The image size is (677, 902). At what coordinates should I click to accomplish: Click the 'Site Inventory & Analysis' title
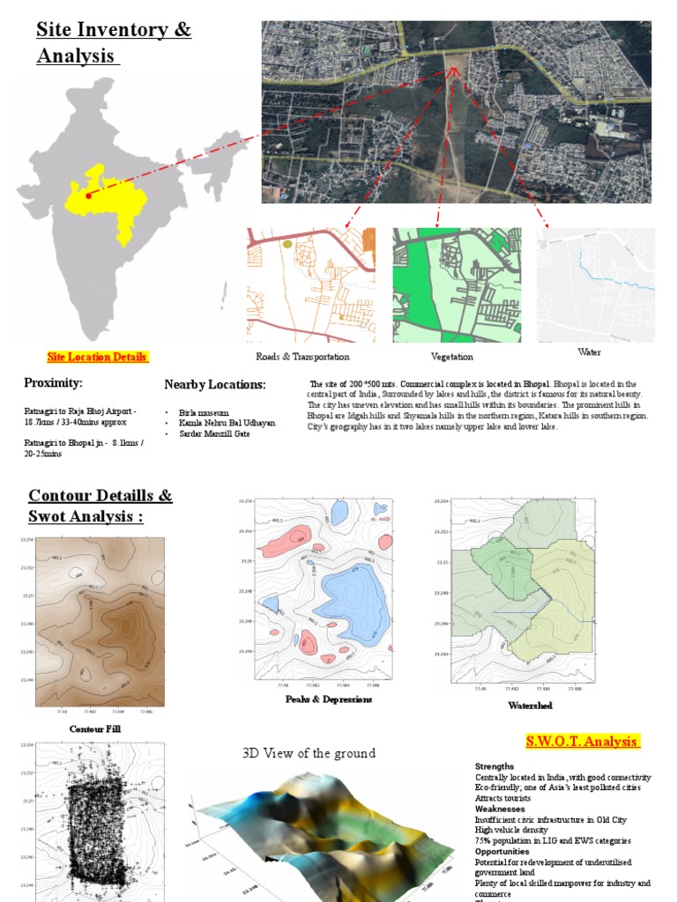(113, 42)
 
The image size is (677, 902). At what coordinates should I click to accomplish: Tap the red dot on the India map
(88, 196)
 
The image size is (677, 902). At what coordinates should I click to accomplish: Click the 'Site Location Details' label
(97, 357)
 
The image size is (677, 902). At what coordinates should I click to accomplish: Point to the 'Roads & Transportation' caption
(302, 357)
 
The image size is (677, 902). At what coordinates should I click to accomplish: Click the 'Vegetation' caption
(452, 357)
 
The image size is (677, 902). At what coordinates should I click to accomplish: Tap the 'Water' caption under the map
(590, 352)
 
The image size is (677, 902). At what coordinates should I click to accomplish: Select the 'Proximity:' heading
(53, 382)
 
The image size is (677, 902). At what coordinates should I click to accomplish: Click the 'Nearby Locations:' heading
(215, 384)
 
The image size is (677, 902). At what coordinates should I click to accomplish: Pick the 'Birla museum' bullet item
(204, 412)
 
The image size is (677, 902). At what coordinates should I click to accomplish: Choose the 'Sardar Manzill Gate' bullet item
(214, 433)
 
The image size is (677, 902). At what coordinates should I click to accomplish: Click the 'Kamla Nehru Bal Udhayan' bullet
(227, 423)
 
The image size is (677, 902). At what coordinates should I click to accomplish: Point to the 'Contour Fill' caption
(94, 728)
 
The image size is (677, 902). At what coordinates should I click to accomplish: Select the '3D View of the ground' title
(309, 753)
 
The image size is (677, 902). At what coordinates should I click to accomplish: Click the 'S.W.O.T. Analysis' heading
(582, 741)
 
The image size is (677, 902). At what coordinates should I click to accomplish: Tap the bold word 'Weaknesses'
(501, 809)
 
